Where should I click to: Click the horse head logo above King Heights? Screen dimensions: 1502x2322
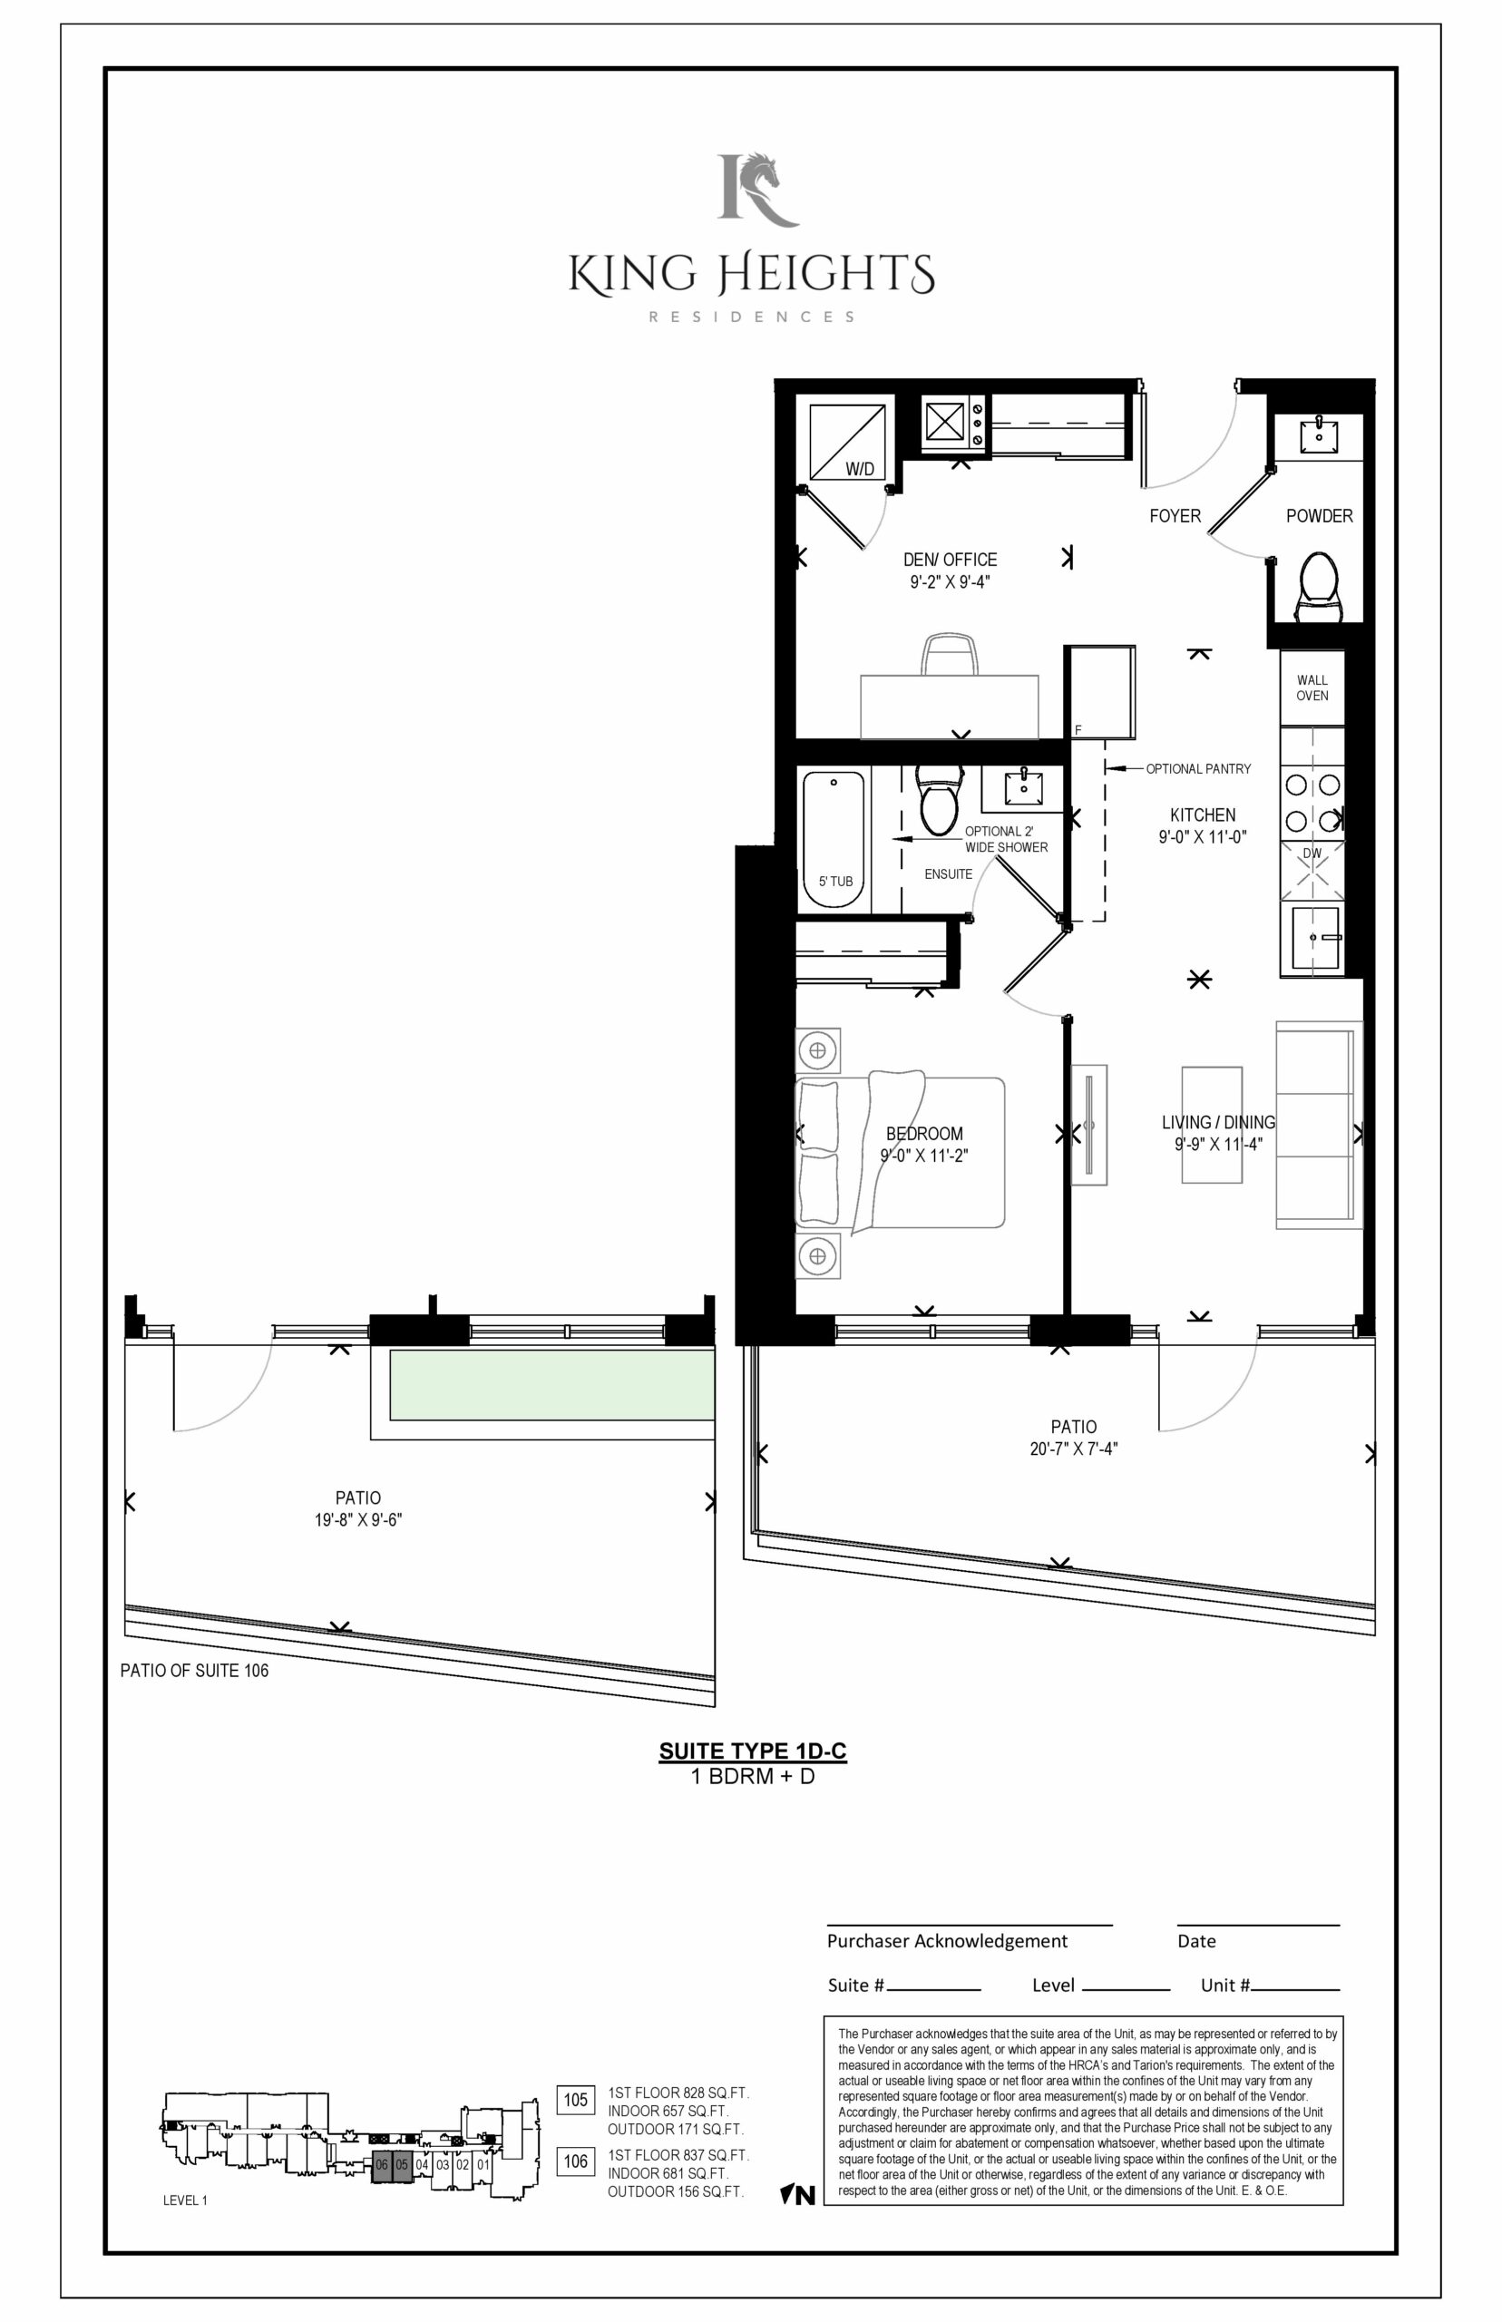click(758, 190)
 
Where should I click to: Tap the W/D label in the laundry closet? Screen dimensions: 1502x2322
click(859, 469)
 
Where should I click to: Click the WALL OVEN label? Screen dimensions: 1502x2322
click(1312, 688)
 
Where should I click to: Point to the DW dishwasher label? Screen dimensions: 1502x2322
click(1312, 854)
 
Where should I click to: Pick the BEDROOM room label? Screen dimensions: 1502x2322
click(923, 1133)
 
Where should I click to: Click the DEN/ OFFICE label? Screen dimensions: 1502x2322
click(950, 560)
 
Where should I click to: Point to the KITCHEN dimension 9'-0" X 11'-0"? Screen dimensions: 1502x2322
click(1203, 837)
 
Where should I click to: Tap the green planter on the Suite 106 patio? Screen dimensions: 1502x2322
click(552, 1385)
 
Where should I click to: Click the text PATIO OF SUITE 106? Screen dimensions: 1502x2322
click(194, 1671)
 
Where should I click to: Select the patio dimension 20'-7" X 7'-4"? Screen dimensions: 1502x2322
click(1073, 1449)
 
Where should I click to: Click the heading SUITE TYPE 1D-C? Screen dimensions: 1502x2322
click(752, 1751)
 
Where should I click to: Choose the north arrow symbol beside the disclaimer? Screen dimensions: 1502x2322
click(797, 2196)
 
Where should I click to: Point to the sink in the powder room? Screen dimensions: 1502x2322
click(1320, 433)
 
